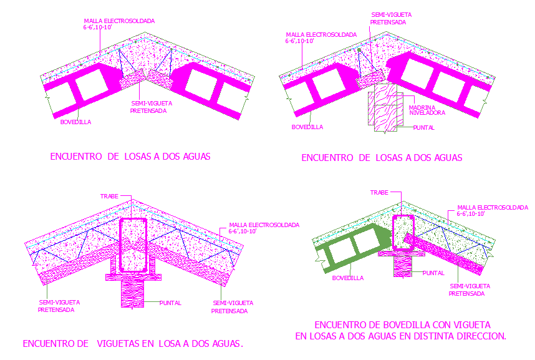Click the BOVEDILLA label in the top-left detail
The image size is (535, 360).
[75, 122]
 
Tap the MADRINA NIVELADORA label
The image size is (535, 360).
[427, 110]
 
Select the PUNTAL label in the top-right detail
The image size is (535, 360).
[423, 128]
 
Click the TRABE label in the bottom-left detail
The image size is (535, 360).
[109, 196]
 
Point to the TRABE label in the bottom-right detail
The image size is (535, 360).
[379, 193]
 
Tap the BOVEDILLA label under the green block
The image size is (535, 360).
[348, 278]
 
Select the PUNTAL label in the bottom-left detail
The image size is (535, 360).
[170, 303]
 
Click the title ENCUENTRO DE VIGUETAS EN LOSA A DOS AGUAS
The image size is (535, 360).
[132, 343]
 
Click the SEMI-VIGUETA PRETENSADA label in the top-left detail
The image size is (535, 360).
[153, 107]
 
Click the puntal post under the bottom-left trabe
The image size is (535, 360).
[133, 292]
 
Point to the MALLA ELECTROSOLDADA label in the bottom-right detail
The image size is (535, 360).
[492, 210]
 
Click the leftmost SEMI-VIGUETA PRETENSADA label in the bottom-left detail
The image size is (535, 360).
[59, 306]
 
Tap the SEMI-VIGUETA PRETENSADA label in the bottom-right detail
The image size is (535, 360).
[470, 289]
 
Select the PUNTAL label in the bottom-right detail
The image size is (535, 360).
[433, 273]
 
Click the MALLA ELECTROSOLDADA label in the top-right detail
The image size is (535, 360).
[321, 37]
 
